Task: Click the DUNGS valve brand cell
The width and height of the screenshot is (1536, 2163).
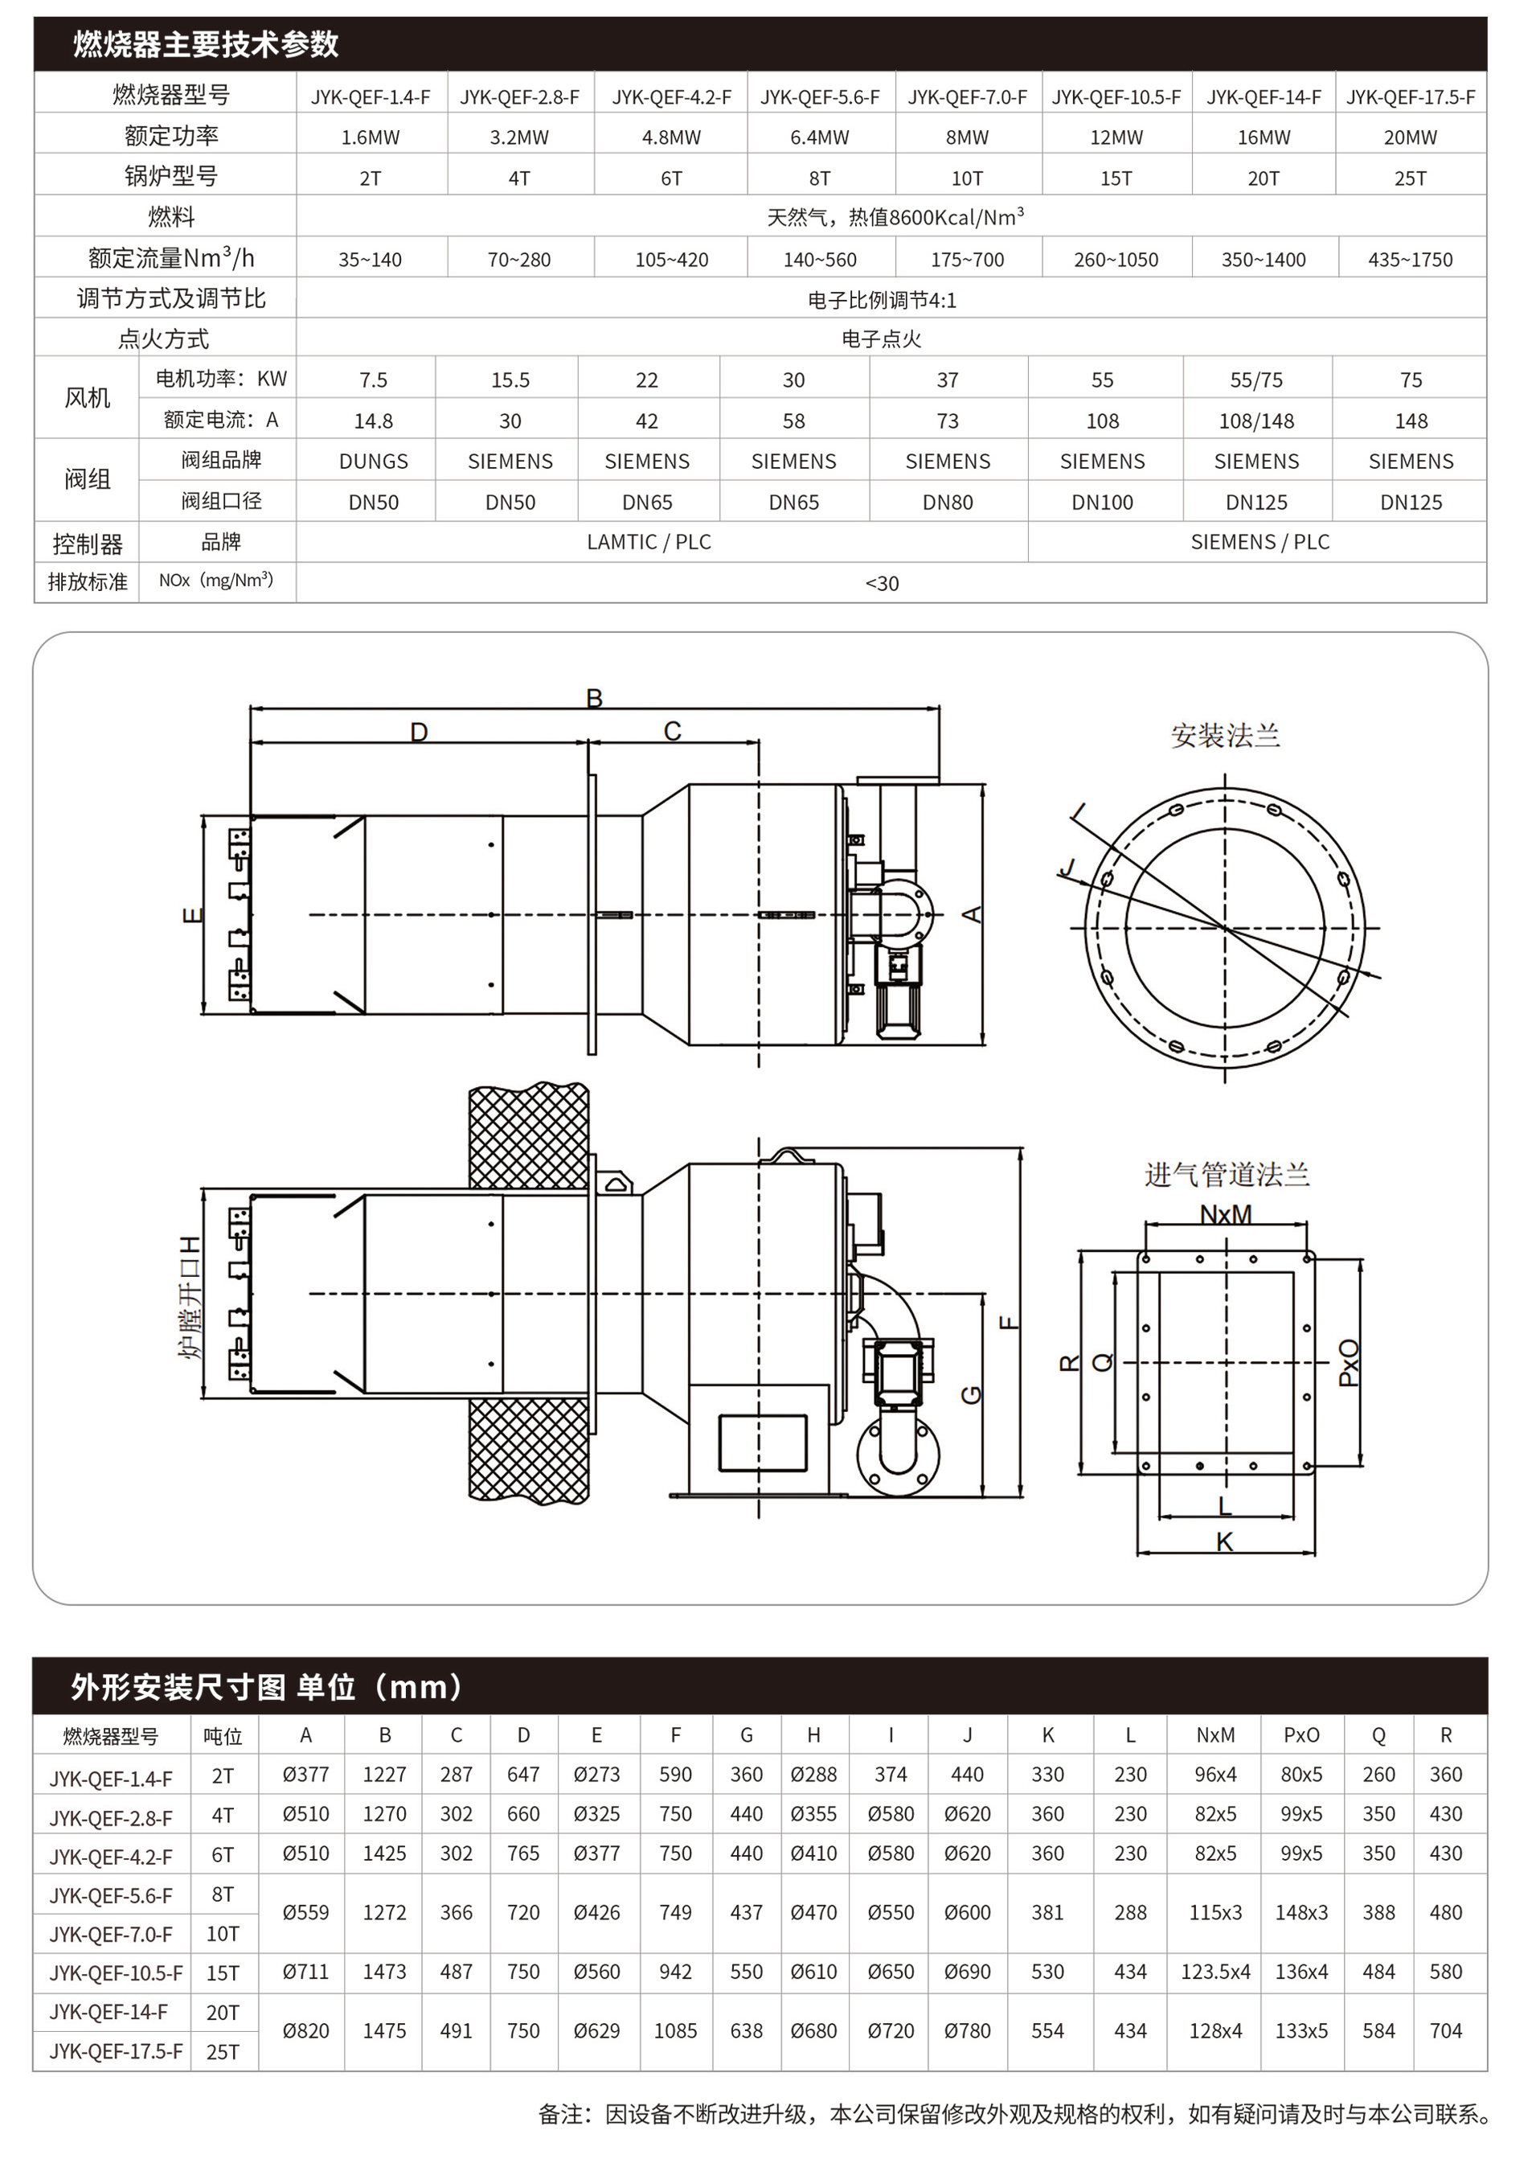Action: pyautogui.click(x=374, y=461)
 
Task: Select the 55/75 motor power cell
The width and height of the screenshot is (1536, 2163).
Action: pyautogui.click(x=1256, y=380)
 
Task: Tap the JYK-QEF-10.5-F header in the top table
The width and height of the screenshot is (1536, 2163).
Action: pyautogui.click(x=1116, y=96)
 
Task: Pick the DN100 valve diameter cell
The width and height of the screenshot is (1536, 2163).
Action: pyautogui.click(x=1102, y=503)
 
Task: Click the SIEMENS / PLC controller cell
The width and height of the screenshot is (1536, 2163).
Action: pyautogui.click(x=1260, y=542)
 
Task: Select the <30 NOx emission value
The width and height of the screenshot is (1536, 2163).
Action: pyautogui.click(x=882, y=584)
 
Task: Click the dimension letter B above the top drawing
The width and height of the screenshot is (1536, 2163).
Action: pyautogui.click(x=594, y=698)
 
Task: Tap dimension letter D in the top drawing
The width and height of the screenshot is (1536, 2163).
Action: pyautogui.click(x=419, y=732)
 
